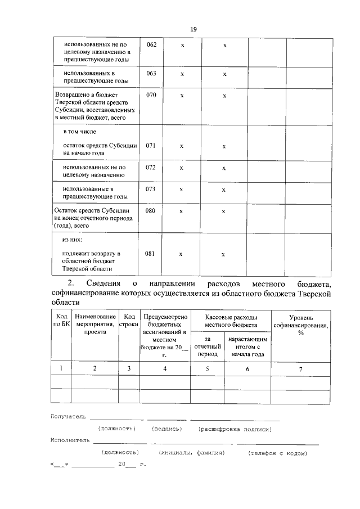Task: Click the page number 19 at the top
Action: pyautogui.click(x=193, y=29)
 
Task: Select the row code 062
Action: pyautogui.click(x=151, y=44)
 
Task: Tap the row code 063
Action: pyautogui.click(x=151, y=73)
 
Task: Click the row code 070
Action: pyautogui.click(x=151, y=95)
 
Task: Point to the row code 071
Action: pyautogui.click(x=151, y=145)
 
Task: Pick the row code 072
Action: pyautogui.click(x=151, y=168)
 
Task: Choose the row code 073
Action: pyautogui.click(x=151, y=189)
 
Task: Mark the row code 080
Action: pyautogui.click(x=151, y=211)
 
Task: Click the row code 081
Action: pyautogui.click(x=151, y=254)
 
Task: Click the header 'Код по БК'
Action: pyautogui.click(x=61, y=321)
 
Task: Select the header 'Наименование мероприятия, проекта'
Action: pyautogui.click(x=94, y=325)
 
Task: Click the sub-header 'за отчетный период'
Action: pyautogui.click(x=207, y=347)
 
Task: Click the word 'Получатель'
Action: pyautogui.click(x=67, y=417)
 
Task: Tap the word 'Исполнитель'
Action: pyautogui.click(x=69, y=440)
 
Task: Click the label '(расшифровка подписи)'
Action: pyautogui.click(x=235, y=429)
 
